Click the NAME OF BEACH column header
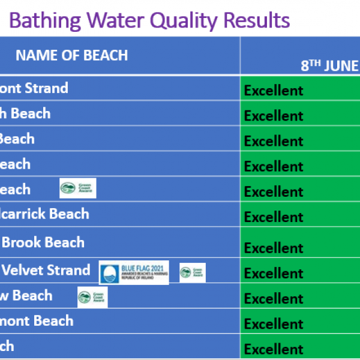click(x=71, y=55)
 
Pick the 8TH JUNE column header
click(x=329, y=65)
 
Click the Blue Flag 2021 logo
click(x=134, y=272)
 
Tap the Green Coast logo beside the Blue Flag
click(x=193, y=272)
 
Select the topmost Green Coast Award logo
click(x=77, y=188)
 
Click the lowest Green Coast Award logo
click(x=92, y=296)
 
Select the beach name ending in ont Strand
click(x=34, y=88)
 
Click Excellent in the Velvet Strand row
click(x=274, y=274)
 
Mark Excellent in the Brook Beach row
click(x=274, y=248)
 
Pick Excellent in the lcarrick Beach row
click(x=274, y=217)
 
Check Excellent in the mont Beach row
click(x=274, y=324)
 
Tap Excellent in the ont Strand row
click(x=274, y=91)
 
